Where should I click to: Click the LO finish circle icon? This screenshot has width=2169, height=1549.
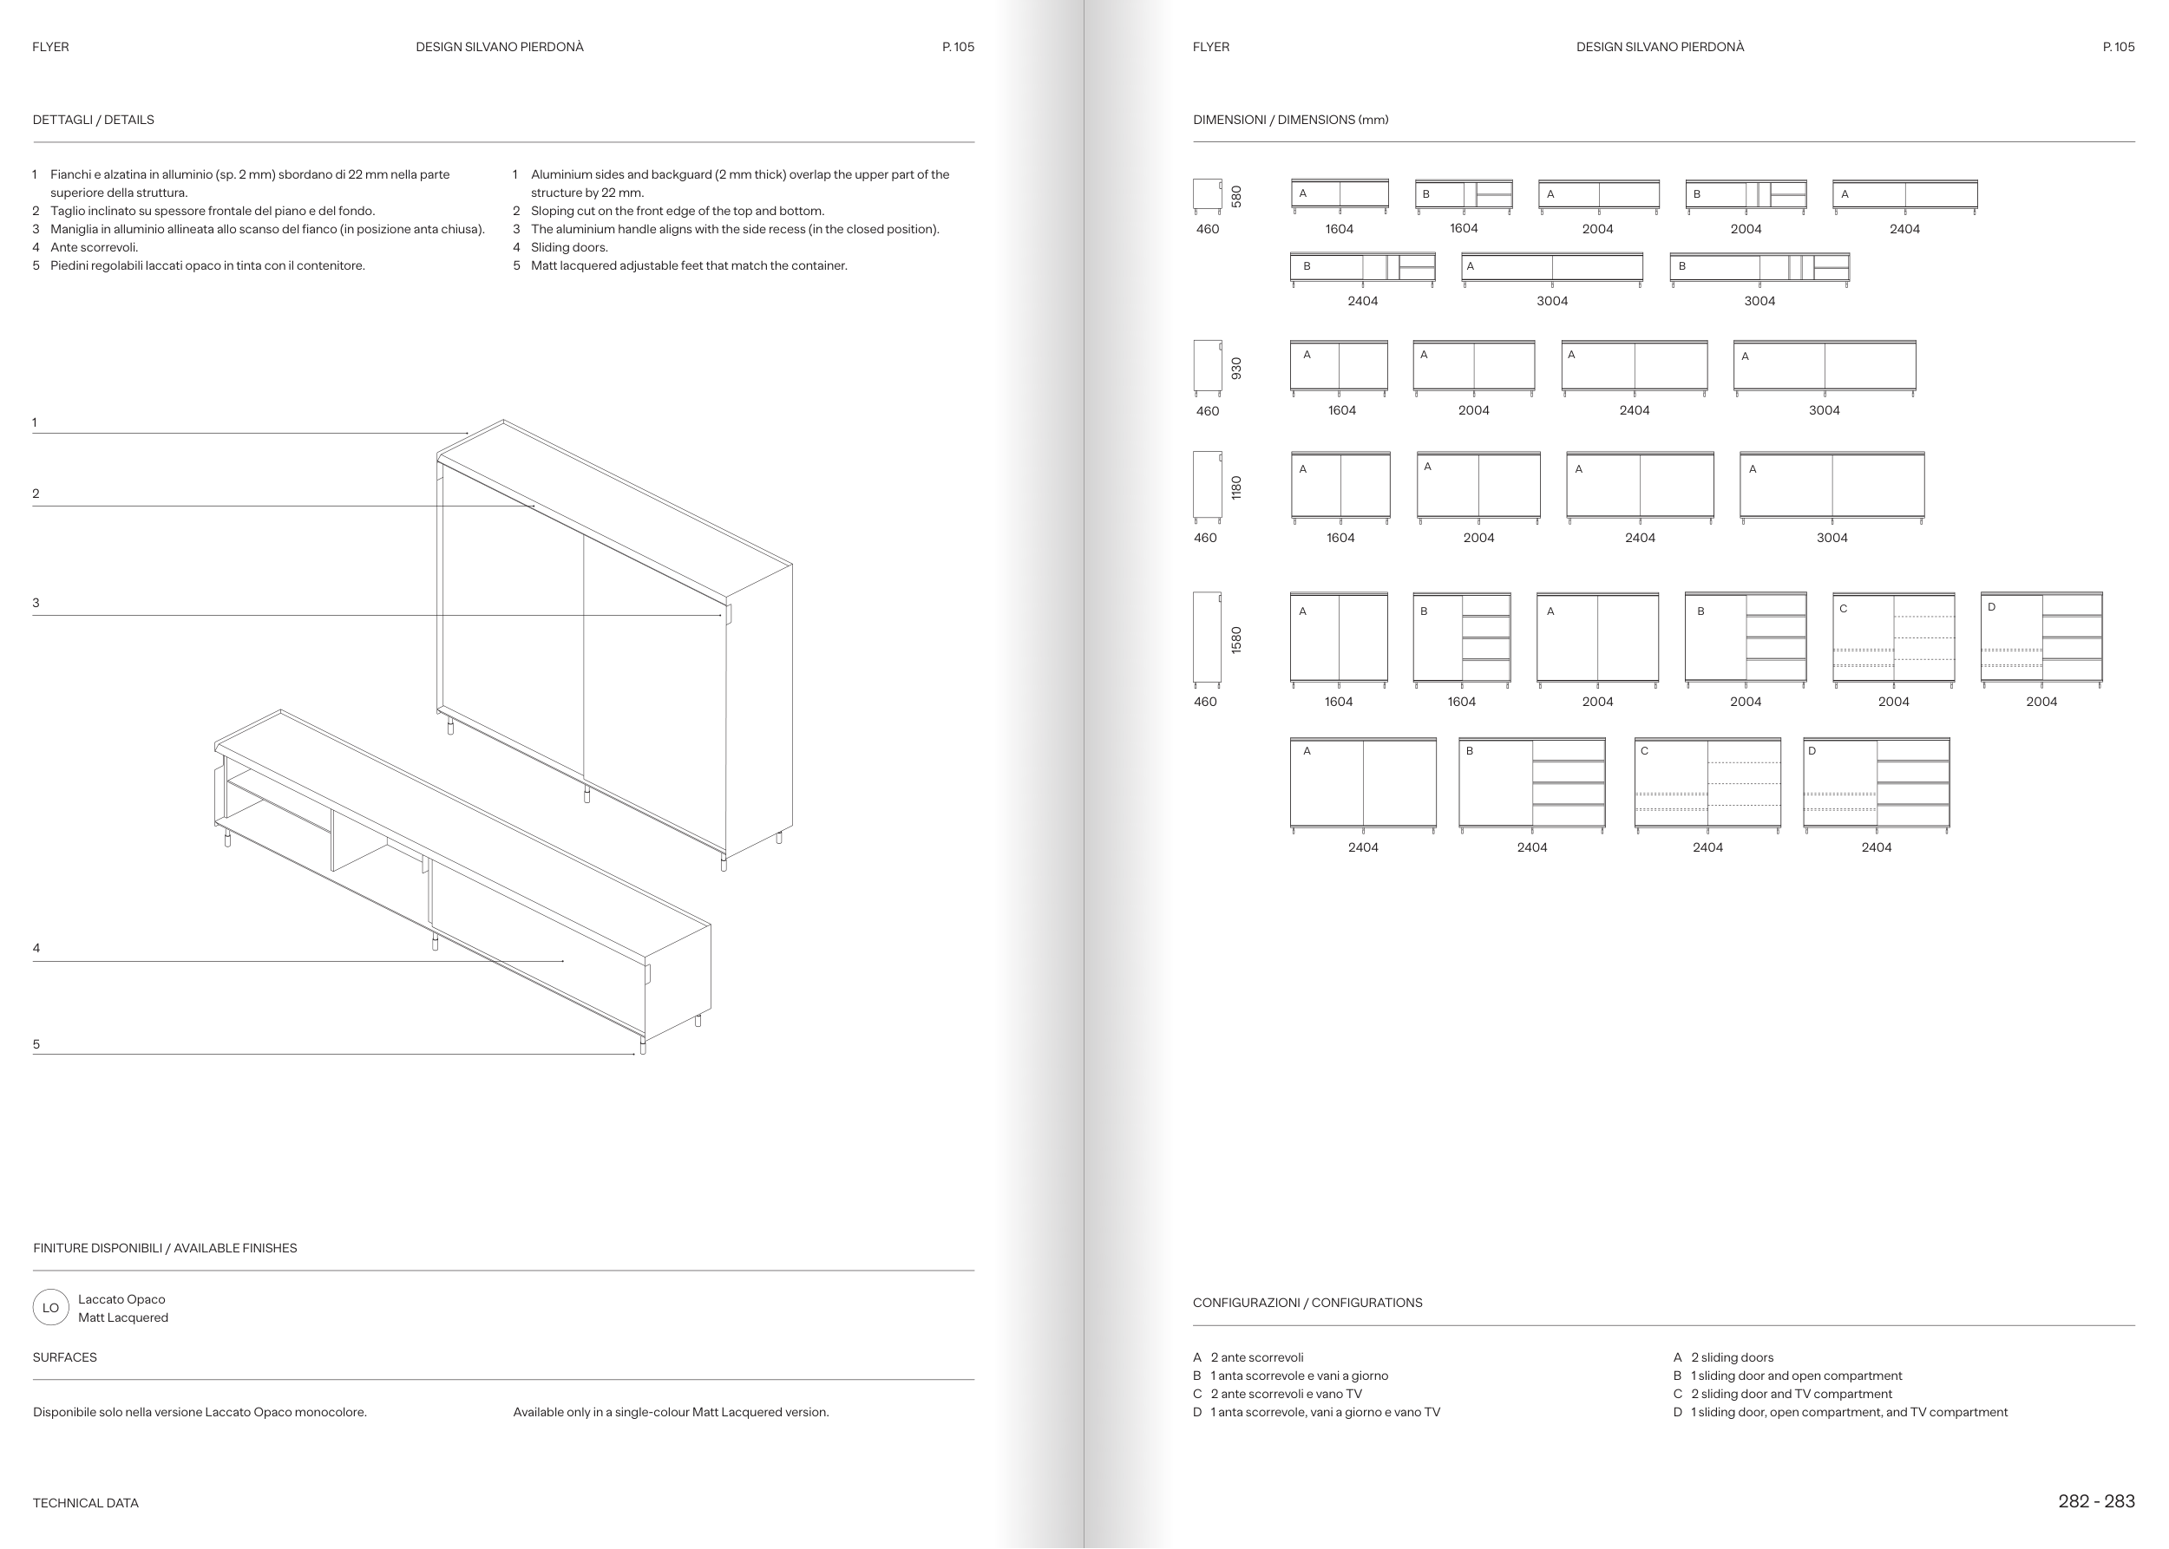[x=50, y=1308]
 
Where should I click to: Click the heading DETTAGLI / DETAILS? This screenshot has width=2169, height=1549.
[x=94, y=121]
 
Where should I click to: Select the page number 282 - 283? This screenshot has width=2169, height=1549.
[x=2095, y=1501]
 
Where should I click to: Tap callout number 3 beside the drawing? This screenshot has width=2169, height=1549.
[x=36, y=603]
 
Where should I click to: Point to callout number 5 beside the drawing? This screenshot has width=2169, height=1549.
[x=36, y=1044]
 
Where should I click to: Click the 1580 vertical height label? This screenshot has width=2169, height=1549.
[x=1236, y=639]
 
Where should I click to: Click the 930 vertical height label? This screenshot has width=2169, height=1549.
[x=1236, y=369]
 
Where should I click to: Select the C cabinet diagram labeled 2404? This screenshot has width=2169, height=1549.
[x=1707, y=783]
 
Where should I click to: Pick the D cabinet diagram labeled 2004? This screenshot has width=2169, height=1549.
[x=2041, y=637]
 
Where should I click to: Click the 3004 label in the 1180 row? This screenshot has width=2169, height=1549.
[x=1832, y=538]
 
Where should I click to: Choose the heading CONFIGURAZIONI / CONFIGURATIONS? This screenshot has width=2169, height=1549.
[x=1307, y=1303]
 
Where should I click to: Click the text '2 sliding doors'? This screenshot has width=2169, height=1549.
[x=1732, y=1357]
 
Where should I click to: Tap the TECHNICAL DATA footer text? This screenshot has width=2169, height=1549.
[x=86, y=1503]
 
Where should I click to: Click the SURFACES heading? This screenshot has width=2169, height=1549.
[x=65, y=1357]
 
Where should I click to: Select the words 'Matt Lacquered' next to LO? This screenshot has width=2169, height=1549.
[x=123, y=1317]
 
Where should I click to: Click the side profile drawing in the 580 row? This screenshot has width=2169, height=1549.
[x=1207, y=194]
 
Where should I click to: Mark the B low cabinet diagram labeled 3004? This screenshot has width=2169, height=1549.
[x=1759, y=268]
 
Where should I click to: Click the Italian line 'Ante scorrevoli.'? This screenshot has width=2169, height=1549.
[x=95, y=247]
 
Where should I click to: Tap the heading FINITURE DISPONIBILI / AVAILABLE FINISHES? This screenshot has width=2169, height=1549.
[x=165, y=1249]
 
